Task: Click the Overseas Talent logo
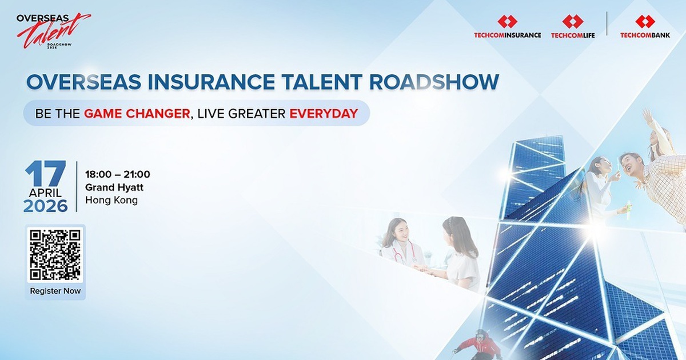coord(53,32)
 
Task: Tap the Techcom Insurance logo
coord(507,27)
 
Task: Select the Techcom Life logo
coord(573,27)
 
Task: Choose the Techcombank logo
coord(645,27)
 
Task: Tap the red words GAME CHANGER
coord(137,113)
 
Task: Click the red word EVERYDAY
coord(324,113)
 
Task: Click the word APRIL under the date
coord(46,193)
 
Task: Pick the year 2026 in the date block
coord(46,206)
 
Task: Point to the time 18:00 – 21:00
coord(117,174)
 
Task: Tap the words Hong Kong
coord(111,201)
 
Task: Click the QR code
coord(55,255)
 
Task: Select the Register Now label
coord(55,291)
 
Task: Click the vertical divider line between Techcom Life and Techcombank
coord(607,24)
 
